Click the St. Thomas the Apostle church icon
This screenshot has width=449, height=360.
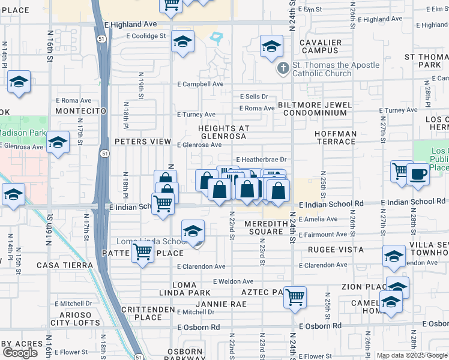click(283, 70)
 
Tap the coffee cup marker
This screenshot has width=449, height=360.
click(418, 174)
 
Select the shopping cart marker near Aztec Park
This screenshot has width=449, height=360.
click(295, 297)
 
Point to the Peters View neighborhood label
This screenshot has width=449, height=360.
click(143, 142)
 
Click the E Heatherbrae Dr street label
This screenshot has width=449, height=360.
click(262, 160)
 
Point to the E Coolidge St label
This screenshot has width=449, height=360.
click(145, 36)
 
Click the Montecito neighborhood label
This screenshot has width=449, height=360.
click(80, 111)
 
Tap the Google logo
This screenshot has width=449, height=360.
click(20, 352)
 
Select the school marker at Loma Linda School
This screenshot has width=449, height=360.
click(193, 231)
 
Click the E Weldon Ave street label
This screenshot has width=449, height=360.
click(233, 281)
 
